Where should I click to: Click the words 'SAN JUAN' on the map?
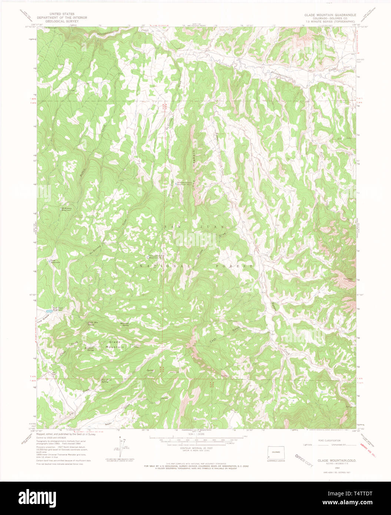click(x=195, y=226)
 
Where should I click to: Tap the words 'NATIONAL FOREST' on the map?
click(x=196, y=266)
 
